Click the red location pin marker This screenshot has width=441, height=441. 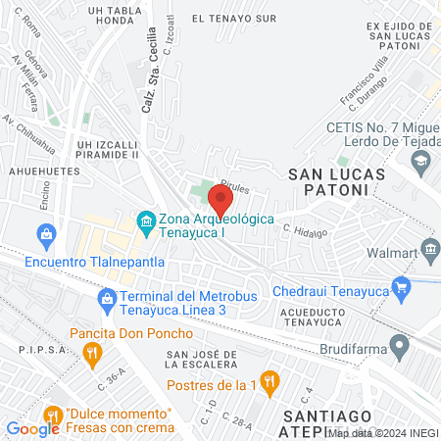(220, 201)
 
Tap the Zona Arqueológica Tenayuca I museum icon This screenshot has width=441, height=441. (146, 221)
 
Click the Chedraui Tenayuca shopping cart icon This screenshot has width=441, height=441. (400, 286)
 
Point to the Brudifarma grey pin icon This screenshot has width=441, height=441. (398, 345)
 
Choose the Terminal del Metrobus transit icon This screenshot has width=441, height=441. (106, 298)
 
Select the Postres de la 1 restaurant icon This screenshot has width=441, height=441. (273, 380)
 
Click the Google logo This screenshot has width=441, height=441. (32, 427)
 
